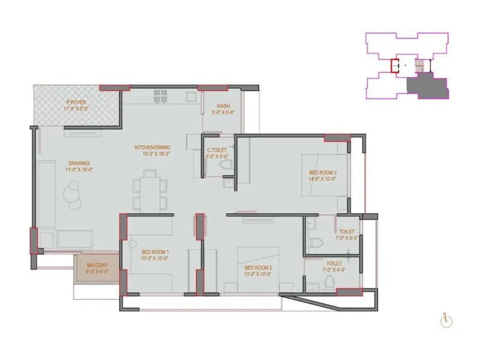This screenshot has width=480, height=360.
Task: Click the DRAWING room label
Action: click(x=79, y=163)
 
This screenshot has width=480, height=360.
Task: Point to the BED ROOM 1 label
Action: click(x=155, y=252)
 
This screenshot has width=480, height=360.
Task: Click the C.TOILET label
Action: click(x=216, y=151)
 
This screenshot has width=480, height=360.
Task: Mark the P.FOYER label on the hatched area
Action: click(x=77, y=103)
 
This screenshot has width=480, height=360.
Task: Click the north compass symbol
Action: click(x=445, y=321)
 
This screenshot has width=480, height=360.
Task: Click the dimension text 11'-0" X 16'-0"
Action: click(x=79, y=169)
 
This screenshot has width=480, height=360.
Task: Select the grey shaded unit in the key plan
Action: click(x=427, y=86)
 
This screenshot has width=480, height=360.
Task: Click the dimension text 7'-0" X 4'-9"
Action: click(x=334, y=269)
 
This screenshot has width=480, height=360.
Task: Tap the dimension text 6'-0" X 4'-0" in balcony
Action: click(x=97, y=271)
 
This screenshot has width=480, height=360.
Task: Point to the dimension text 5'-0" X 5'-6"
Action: click(x=216, y=111)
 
